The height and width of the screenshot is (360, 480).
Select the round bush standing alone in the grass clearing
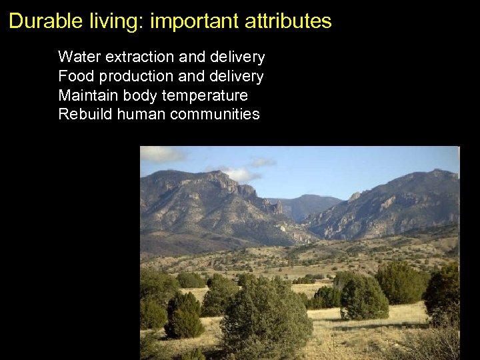363,297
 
